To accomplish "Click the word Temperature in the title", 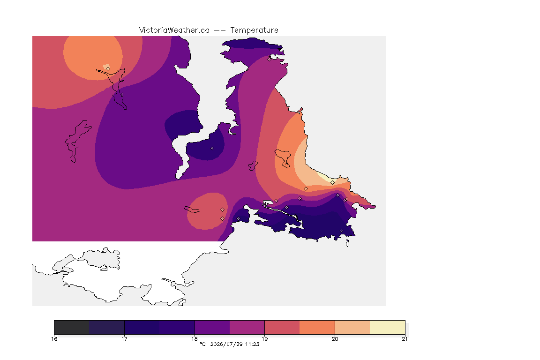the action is click(x=254, y=30).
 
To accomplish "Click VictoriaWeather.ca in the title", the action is click(x=174, y=30).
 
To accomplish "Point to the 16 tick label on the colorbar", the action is click(x=54, y=339).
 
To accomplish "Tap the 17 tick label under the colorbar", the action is click(x=124, y=339).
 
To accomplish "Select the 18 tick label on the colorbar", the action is click(x=195, y=339).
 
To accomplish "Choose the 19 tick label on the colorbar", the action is click(x=264, y=339).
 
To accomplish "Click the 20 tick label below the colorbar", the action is click(x=335, y=339).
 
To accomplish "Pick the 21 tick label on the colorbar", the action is click(x=405, y=339).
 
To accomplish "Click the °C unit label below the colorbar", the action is click(x=202, y=344).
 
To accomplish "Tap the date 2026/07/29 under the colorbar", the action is click(x=226, y=344).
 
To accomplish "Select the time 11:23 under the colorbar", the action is click(x=252, y=344).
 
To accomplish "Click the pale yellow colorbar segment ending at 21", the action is click(x=388, y=327).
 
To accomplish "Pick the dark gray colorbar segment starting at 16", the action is click(x=72, y=327).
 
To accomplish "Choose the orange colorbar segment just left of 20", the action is click(x=317, y=327).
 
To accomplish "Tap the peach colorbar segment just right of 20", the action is click(x=352, y=327).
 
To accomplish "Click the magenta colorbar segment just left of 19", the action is click(x=247, y=327).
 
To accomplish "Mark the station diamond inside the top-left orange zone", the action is click(x=108, y=68).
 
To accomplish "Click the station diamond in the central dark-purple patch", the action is click(x=212, y=149).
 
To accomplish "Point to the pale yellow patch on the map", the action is click(x=324, y=177).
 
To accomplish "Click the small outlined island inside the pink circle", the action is click(x=192, y=210).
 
